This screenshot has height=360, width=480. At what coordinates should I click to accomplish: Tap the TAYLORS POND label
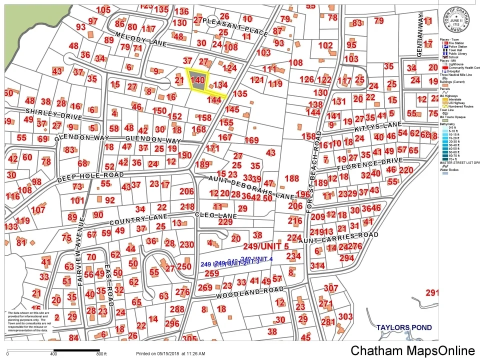click(404, 327)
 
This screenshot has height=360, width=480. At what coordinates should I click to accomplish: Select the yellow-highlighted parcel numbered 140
click(198, 80)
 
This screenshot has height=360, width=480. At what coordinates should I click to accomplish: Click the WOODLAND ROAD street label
click(250, 293)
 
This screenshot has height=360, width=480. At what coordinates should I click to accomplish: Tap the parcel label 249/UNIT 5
click(266, 246)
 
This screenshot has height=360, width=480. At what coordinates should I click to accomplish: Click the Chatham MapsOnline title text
click(412, 351)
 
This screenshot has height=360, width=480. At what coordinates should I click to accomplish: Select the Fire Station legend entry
click(458, 43)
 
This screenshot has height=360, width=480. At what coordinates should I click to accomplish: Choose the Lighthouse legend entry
click(457, 64)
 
